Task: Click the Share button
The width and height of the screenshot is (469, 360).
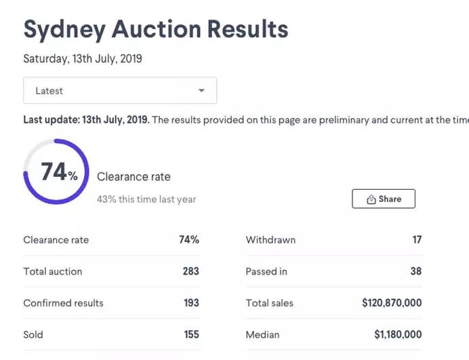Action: [x=384, y=199]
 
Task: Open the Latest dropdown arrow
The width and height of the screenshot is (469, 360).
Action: [x=201, y=90]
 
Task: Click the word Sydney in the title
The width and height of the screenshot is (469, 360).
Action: [x=64, y=29]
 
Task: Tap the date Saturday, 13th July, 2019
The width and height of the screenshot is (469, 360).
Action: [x=83, y=59]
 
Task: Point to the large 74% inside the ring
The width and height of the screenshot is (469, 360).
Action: [x=58, y=172]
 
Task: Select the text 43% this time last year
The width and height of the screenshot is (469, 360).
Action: [x=146, y=199]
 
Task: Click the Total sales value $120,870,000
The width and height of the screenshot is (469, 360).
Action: [x=392, y=303]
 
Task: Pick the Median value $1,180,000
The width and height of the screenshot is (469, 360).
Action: [x=398, y=334]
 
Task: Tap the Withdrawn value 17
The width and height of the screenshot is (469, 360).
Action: [x=416, y=240]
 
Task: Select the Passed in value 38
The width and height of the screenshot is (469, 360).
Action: [x=415, y=271]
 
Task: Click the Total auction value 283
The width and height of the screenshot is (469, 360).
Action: [x=190, y=271]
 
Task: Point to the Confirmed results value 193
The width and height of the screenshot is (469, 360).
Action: [x=191, y=303]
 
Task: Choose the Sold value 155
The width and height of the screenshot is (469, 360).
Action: [x=191, y=334]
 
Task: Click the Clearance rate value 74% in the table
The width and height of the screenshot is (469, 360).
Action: [x=189, y=240]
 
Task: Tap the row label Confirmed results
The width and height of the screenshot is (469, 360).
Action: [x=63, y=303]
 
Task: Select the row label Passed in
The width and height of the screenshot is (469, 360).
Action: [x=266, y=271]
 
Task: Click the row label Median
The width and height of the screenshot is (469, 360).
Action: [x=263, y=334]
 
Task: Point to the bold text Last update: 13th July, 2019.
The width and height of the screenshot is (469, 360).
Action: [x=86, y=120]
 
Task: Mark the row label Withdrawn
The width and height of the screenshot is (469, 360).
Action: [x=270, y=240]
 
